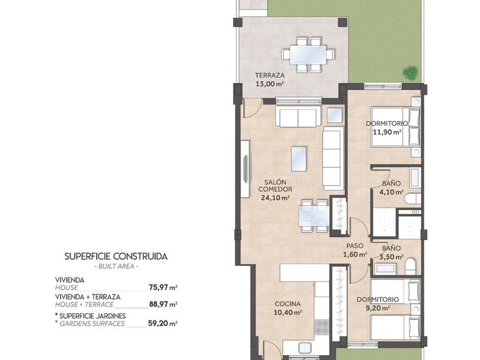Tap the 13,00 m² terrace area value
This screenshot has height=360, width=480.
click(x=269, y=83)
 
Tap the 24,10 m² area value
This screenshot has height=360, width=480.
click(x=275, y=198)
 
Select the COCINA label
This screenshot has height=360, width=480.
click(x=288, y=304)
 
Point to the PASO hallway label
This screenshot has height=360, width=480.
click(x=355, y=246)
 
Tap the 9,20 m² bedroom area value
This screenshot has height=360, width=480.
click(x=377, y=307)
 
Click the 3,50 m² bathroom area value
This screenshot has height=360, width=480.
click(x=391, y=257)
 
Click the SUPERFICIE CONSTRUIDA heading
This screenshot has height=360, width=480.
click(x=116, y=256)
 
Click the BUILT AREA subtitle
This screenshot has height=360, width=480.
click(x=116, y=267)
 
